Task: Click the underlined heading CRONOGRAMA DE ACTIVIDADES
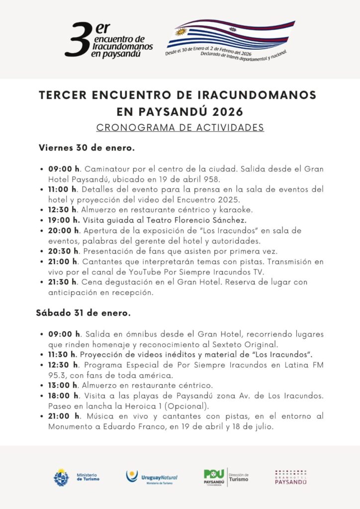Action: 180,128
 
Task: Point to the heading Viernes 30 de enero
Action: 87,148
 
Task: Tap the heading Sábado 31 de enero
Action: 83,313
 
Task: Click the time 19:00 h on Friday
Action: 64,219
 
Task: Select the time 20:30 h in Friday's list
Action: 64,251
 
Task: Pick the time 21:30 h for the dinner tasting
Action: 64,282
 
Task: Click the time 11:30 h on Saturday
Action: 64,354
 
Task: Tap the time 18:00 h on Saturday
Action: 64,396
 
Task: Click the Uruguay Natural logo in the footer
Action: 152,478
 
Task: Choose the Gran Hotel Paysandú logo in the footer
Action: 291,478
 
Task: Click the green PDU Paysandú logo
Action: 215,478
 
